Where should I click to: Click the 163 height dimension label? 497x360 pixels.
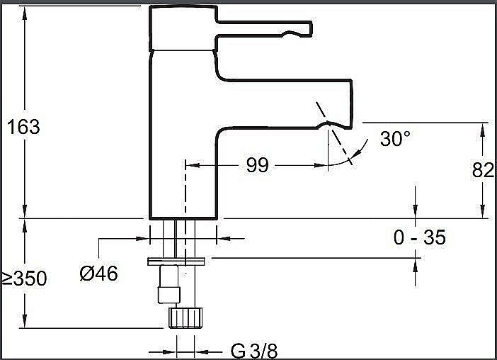click(x=23, y=127)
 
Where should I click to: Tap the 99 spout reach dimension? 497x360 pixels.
click(x=258, y=164)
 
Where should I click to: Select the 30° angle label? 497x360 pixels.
click(x=395, y=138)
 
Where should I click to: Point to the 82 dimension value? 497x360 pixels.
click(x=482, y=169)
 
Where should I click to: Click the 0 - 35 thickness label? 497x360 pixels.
click(x=420, y=237)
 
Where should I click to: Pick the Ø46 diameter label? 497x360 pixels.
click(x=98, y=273)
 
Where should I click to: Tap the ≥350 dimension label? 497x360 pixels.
click(x=24, y=279)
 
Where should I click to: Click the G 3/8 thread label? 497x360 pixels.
click(x=254, y=351)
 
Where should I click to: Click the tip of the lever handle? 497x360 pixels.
click(x=311, y=29)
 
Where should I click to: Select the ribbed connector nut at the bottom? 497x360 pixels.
click(x=185, y=317)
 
